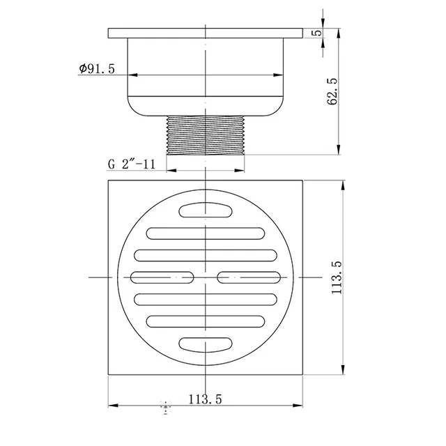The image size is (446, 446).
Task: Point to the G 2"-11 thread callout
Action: point(130,164)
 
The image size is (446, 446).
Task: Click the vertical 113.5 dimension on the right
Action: point(337,278)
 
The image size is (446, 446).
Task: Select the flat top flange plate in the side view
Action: point(206,33)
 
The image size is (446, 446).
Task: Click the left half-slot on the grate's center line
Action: point(162,277)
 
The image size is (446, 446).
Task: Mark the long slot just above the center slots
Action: point(206,255)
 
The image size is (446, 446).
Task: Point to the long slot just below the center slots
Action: point(206,300)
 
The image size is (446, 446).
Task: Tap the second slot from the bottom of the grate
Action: point(206,322)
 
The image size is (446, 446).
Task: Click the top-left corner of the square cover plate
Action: point(109,182)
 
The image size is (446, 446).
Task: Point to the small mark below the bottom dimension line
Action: point(165,406)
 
